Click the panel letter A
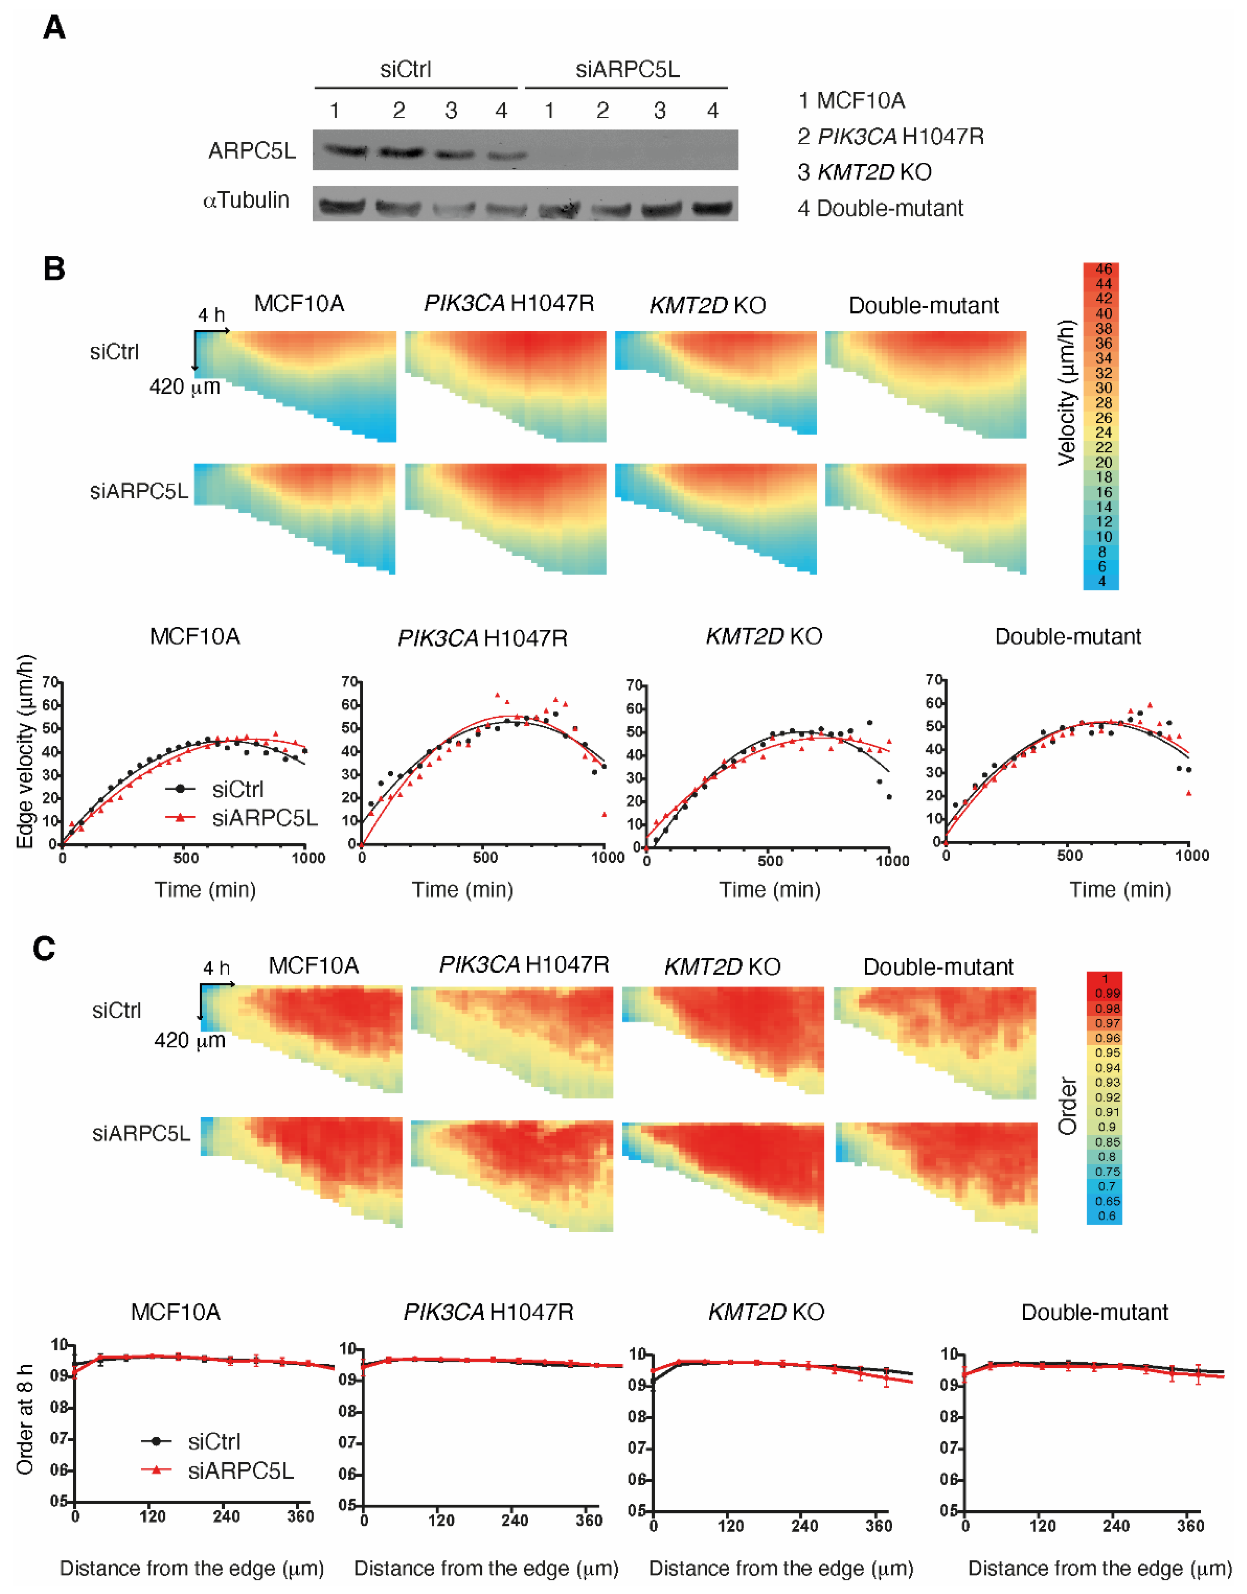[x=54, y=28]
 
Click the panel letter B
[x=54, y=269]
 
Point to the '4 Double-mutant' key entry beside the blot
[x=880, y=209]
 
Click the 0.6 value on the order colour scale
[x=1106, y=1216]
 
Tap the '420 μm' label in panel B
[x=185, y=386]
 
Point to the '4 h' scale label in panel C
[x=216, y=968]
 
